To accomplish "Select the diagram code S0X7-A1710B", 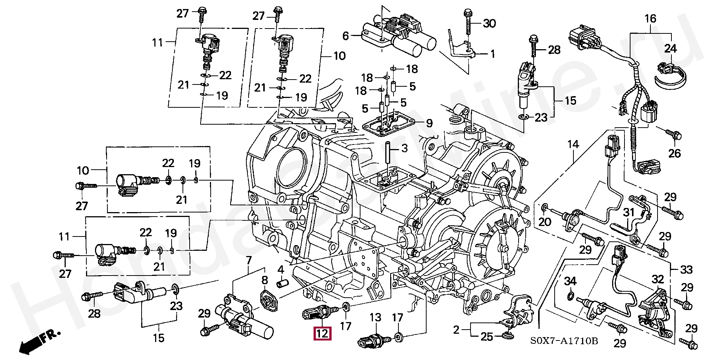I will coord(564,341).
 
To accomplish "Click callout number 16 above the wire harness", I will coord(650,18).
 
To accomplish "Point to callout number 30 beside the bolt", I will coord(489,24).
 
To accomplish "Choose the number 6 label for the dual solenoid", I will coord(346,36).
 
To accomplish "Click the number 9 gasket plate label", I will coord(429,123).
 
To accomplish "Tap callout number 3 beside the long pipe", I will coord(404,148).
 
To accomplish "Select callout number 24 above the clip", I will coord(670,49).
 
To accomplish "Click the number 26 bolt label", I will coord(674,153).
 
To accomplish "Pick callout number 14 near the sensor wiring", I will coord(573,144).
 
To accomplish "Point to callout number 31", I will coord(629,213).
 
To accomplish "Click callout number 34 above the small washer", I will coord(570,281).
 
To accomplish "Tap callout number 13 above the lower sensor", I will coord(375,318).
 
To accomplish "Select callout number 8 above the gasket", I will coord(265,280).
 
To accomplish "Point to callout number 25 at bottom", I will coord(487,337).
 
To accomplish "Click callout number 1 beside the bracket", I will coord(493,54).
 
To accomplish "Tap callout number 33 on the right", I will coord(687,270).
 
